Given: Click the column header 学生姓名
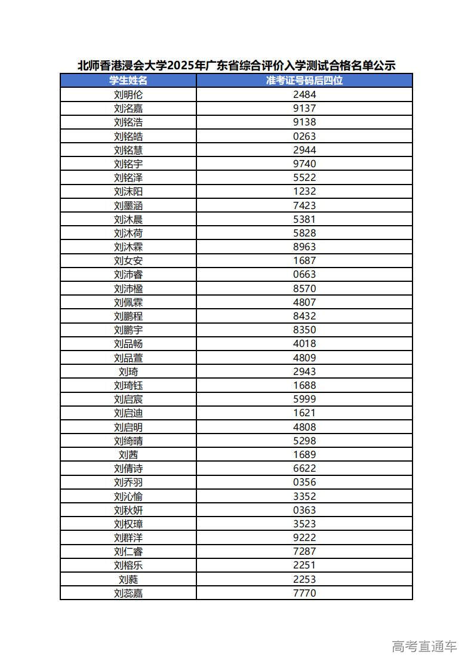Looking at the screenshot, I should [128, 81].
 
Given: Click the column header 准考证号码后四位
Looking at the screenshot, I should [304, 81].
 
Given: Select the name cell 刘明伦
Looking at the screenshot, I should [128, 94].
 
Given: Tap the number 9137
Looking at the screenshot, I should [304, 108].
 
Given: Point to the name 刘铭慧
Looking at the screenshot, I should [128, 150].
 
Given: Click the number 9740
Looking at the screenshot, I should [304, 164].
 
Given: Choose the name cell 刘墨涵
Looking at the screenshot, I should [128, 205].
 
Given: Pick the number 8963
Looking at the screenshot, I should [304, 247].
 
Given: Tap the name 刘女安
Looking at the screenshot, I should [128, 260].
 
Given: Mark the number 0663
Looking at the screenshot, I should [304, 274].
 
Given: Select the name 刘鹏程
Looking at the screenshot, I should [128, 316].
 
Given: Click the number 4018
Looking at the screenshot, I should [304, 343].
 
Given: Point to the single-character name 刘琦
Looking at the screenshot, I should [128, 371].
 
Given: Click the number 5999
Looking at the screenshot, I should [304, 399].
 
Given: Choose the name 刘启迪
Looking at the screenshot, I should [128, 413].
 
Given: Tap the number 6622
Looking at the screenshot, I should [304, 468].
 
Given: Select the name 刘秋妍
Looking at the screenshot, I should [128, 510].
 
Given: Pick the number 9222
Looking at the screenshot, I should [304, 537].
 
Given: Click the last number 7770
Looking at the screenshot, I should [304, 593].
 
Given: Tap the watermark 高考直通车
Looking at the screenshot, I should [424, 646].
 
